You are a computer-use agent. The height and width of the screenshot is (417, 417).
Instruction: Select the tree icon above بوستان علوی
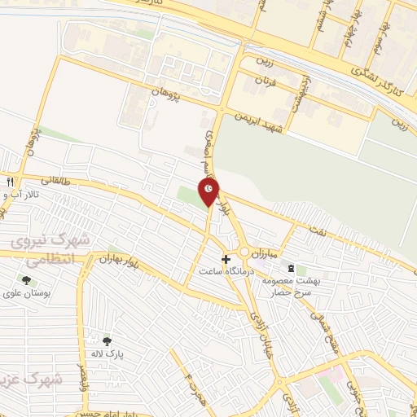coord(27,279)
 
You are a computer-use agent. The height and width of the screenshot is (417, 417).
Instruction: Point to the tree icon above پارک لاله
coord(107,341)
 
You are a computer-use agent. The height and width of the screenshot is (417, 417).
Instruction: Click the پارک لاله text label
coord(106,355)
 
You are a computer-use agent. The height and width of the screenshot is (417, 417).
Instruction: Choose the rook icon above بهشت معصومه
coord(291,267)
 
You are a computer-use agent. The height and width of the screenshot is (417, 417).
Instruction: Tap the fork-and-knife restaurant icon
coord(11,182)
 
